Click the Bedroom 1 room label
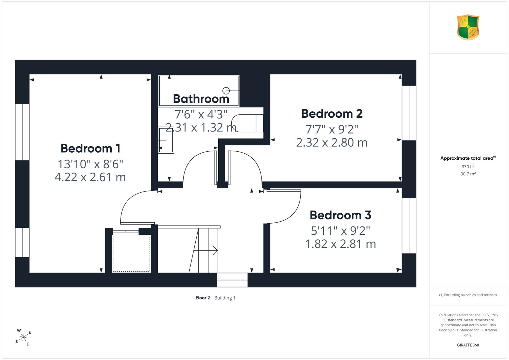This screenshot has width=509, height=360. click(x=90, y=148)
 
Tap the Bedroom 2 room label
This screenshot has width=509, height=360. click(x=332, y=114)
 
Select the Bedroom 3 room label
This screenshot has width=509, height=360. click(x=340, y=215)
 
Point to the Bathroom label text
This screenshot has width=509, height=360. click(x=201, y=99)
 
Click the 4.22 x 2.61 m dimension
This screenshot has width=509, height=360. click(x=90, y=177)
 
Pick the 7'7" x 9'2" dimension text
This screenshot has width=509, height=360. click(x=332, y=129)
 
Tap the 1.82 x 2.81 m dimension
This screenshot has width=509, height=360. click(x=340, y=244)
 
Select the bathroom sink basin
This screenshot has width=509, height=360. click(x=166, y=140)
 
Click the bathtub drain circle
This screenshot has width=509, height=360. click(x=226, y=91)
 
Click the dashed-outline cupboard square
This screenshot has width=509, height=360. click(x=132, y=253)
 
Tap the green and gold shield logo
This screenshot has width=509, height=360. click(x=468, y=27)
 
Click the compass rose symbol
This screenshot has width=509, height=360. click(x=23, y=337)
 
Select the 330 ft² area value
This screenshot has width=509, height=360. click(x=468, y=167)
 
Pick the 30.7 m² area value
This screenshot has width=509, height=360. click(x=468, y=174)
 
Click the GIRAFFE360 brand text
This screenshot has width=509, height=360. click(x=468, y=345)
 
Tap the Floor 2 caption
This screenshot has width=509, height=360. click(x=203, y=298)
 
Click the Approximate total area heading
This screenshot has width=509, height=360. click(x=468, y=158)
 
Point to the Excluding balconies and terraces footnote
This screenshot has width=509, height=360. click(x=468, y=295)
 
